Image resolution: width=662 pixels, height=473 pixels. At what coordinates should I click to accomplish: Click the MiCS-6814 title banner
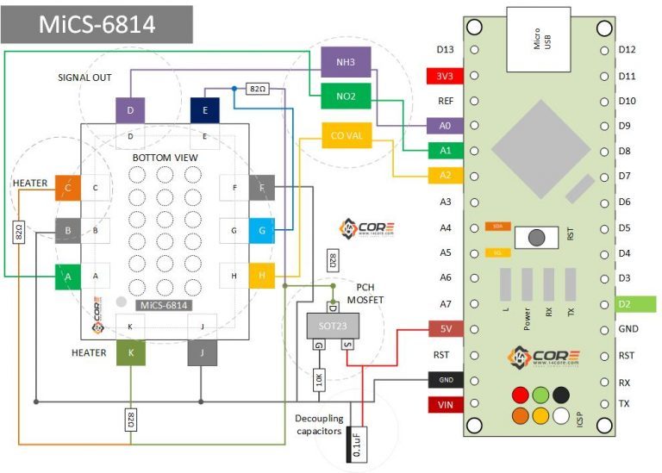(97, 25)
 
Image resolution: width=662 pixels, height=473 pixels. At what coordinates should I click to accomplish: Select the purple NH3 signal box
(345, 62)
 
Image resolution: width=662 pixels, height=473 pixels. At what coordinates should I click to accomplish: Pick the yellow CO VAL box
(345, 136)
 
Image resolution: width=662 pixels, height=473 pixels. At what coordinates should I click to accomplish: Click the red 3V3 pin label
(445, 76)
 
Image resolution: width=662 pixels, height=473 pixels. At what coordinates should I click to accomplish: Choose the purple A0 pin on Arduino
(445, 126)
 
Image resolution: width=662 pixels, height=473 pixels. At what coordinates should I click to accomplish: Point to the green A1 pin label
(445, 151)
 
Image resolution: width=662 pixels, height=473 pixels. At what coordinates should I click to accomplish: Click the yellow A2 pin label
(445, 176)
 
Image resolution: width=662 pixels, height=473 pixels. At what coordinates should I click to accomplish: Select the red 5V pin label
(445, 328)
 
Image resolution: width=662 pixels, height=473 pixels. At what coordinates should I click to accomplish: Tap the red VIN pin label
(445, 404)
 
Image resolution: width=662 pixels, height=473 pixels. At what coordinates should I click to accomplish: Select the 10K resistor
(319, 380)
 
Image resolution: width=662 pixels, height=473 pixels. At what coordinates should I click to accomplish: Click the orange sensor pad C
(67, 187)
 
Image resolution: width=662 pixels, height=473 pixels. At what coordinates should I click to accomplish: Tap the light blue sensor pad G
(262, 231)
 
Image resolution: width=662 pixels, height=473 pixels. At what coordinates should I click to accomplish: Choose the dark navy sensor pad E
(205, 110)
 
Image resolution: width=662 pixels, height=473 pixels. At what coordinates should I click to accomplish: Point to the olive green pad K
(130, 352)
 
